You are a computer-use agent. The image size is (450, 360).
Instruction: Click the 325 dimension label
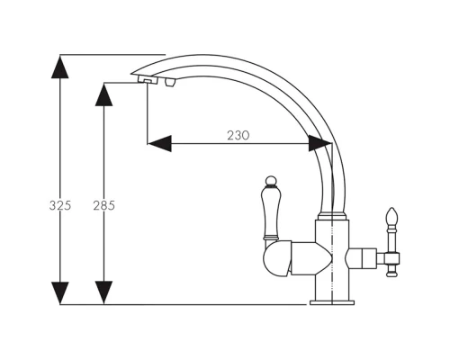[x=60, y=205]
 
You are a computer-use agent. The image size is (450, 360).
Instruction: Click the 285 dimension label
[x=103, y=205]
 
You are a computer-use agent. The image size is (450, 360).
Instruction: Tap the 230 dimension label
[x=238, y=136]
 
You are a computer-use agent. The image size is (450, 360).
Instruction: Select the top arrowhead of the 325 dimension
[x=60, y=67]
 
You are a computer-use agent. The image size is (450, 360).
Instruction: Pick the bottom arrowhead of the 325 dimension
[x=60, y=292]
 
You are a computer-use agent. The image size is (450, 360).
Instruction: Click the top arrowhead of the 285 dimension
[x=103, y=94]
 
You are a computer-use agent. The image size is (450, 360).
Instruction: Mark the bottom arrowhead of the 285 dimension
[x=103, y=292]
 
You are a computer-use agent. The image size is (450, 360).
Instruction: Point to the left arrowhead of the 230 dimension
[x=159, y=143]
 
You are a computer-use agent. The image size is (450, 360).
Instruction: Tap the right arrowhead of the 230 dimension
[x=320, y=143]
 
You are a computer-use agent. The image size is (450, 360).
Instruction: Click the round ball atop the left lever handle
[x=271, y=181]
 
